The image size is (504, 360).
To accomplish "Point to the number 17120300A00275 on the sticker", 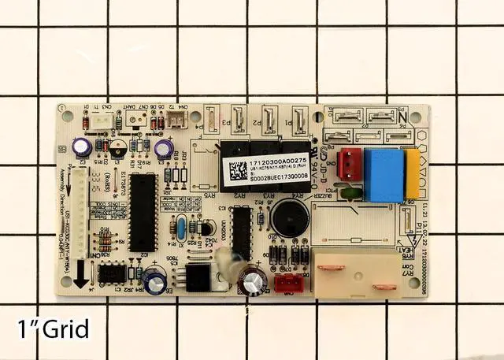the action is pyautogui.click(x=278, y=161).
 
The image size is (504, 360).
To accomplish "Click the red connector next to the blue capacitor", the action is pyautogui.click(x=347, y=163).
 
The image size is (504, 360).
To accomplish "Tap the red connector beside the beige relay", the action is pyautogui.click(x=286, y=283).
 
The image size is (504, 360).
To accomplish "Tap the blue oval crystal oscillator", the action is pyautogui.click(x=181, y=229).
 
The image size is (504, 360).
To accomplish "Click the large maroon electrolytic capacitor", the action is pyautogui.click(x=254, y=279).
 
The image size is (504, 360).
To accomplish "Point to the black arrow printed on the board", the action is pyautogui.click(x=83, y=271).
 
